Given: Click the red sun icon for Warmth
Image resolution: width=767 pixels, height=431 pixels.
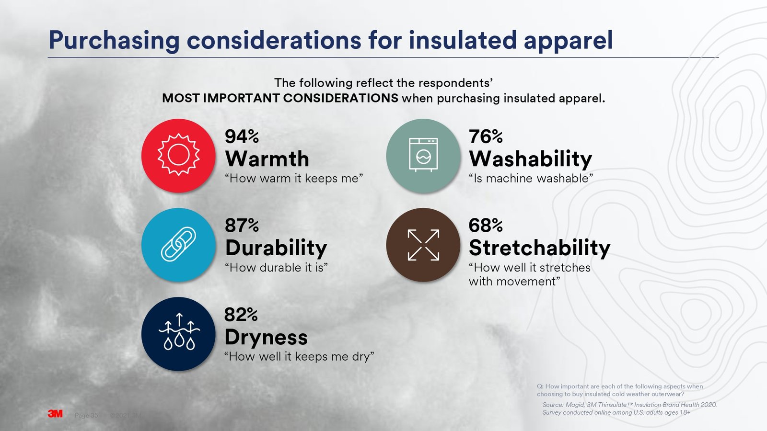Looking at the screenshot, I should tap(178, 156).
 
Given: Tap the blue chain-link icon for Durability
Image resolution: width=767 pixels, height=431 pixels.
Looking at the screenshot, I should tap(178, 245).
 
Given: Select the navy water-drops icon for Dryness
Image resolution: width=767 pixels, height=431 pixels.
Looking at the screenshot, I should tap(178, 334).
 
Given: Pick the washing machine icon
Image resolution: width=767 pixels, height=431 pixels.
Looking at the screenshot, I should tap(423, 156).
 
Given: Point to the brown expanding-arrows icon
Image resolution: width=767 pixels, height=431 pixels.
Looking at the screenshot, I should tap(423, 245).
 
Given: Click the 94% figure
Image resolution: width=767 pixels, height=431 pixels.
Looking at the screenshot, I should tap(242, 136).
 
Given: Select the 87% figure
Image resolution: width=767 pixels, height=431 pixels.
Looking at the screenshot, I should tap(242, 225).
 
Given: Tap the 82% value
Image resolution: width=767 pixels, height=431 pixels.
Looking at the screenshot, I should tap(241, 315).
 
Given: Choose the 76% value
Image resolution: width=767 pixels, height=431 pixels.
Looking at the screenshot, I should tap(486, 136).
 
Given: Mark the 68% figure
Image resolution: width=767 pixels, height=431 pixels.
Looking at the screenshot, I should tap(486, 225).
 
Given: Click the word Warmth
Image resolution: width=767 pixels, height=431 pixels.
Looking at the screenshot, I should tap(267, 159).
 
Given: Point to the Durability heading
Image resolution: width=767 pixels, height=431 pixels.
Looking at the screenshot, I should tap(276, 248).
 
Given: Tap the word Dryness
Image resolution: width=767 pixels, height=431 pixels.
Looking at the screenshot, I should tap(266, 337).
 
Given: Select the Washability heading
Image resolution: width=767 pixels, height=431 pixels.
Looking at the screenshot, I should tap(530, 159).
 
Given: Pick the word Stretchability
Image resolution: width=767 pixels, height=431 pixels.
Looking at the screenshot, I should tap(539, 248).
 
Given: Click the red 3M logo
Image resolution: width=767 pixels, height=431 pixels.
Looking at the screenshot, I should tap(55, 414).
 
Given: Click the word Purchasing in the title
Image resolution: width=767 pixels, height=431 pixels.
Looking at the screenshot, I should tap(114, 40).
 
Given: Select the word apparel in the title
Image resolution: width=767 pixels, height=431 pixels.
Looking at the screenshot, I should tap(568, 40).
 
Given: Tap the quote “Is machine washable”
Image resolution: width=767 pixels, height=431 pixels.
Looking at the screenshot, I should tap(531, 179).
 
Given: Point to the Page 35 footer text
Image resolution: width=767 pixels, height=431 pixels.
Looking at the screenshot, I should tap(86, 415).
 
